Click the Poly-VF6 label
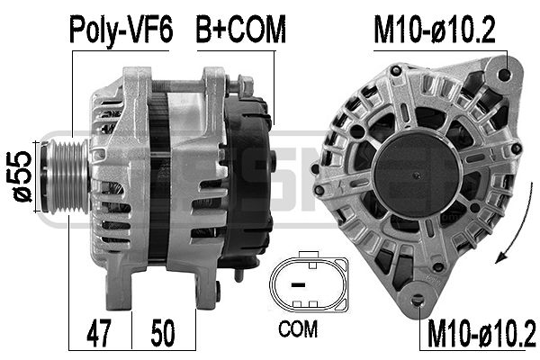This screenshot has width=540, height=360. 121,30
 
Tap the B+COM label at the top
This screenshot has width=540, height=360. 241,30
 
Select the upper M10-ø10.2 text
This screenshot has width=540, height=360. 435,30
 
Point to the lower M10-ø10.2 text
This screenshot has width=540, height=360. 481,333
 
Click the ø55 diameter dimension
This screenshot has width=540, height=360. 22,176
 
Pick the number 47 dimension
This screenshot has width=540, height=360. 99,333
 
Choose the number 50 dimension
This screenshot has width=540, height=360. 163,333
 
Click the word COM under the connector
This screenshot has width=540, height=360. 298,329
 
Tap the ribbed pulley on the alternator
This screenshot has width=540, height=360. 66,176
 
